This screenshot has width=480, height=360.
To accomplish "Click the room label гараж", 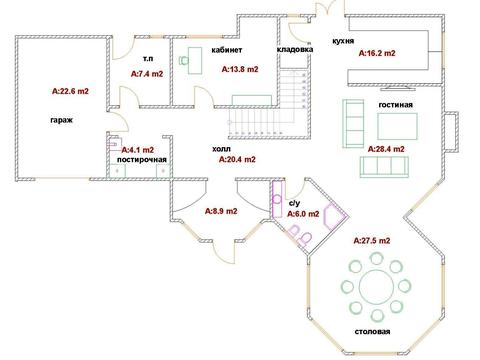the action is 62,120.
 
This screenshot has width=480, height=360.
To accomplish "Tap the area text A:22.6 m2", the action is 70,91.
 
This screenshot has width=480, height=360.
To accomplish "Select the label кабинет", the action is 227,50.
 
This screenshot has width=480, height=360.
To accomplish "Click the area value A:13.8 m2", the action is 240,69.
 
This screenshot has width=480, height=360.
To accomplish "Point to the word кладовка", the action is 295,49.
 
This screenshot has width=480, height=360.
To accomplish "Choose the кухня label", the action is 343,41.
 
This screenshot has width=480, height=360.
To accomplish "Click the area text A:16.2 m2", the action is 377,53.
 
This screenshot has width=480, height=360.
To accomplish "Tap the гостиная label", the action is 396,105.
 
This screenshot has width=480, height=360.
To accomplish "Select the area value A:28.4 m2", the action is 386,149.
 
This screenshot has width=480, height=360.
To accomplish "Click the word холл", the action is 221,149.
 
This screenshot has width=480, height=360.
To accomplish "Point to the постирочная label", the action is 142,160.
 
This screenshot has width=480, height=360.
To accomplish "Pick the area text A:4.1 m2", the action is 138,150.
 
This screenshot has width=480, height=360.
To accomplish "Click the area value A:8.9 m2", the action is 221,211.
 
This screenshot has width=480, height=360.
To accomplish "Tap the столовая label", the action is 372,332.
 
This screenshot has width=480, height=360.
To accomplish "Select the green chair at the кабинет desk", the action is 183,60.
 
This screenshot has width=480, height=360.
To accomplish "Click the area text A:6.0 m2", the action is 303,214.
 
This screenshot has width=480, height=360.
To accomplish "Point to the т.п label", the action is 148,59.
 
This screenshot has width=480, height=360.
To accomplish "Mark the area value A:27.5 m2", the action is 372,241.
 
